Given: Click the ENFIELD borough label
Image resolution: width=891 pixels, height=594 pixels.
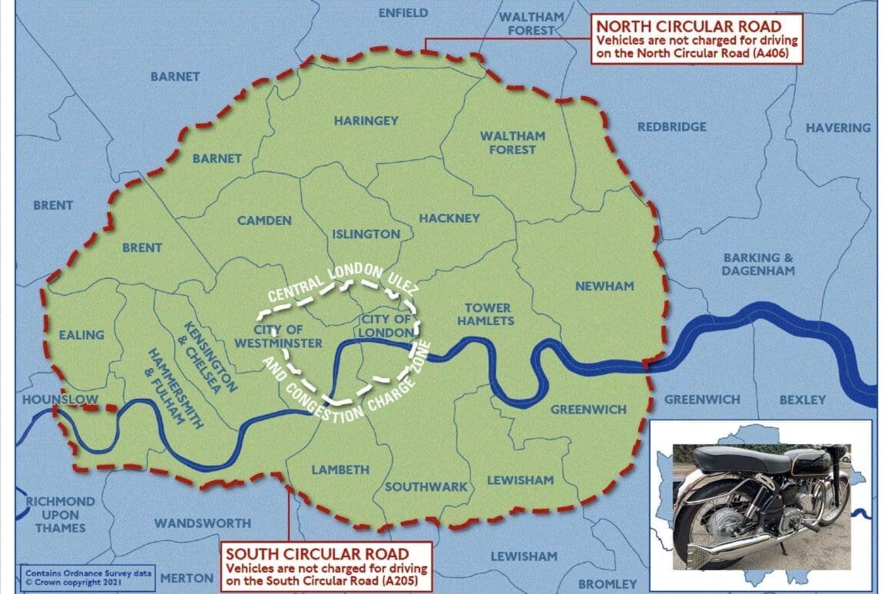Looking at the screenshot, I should click(x=403, y=13).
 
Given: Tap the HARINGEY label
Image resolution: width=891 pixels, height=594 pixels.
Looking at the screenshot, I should click(x=366, y=121).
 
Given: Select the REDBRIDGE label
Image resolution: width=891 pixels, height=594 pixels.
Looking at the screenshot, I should click(x=672, y=127).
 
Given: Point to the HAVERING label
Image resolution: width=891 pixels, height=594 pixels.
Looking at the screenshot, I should click(x=838, y=128).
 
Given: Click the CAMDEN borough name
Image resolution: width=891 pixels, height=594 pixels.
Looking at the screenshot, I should click(x=264, y=221).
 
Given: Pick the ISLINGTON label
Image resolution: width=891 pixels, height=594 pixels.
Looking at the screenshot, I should click(x=366, y=234).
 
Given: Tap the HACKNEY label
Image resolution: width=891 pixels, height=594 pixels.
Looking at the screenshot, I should click(x=449, y=218).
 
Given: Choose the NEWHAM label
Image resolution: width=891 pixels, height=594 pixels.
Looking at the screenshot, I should click(x=604, y=286).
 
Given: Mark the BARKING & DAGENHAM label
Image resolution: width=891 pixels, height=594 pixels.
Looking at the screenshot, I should click(x=758, y=264).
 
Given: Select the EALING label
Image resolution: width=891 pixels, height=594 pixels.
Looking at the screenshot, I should click(x=81, y=335).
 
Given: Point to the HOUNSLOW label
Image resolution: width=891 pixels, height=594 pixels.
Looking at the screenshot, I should click(x=50, y=400).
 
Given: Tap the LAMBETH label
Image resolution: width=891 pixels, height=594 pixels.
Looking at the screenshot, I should click(x=340, y=470).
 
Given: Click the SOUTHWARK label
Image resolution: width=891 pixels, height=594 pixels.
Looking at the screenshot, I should click(x=426, y=486).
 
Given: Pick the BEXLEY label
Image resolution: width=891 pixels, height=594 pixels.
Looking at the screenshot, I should click(x=802, y=400).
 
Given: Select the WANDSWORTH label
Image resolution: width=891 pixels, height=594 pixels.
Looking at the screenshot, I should click(x=203, y=523).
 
